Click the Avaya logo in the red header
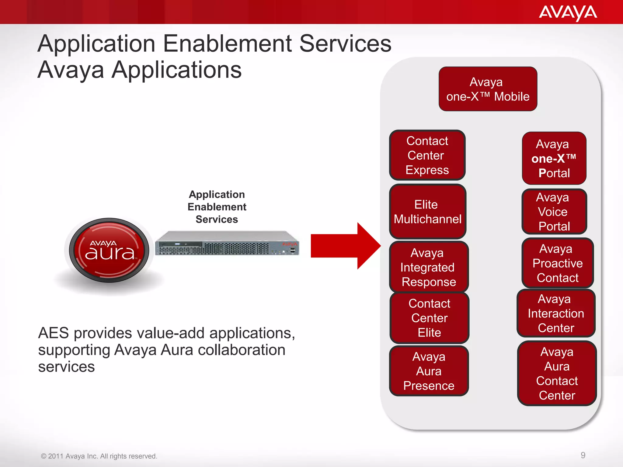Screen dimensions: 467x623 click(x=568, y=13)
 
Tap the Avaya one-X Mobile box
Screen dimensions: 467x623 click(x=488, y=89)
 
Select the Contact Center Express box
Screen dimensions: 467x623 click(x=427, y=155)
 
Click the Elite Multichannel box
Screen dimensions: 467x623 click(x=427, y=212)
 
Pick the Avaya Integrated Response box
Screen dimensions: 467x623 click(x=429, y=267)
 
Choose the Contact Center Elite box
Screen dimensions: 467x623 click(x=429, y=318)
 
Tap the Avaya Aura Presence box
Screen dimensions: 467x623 click(x=429, y=371)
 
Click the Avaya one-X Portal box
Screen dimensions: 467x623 click(x=554, y=158)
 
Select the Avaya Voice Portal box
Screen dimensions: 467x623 click(x=554, y=212)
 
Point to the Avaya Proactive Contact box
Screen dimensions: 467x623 click(x=557, y=263)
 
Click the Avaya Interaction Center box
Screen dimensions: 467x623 click(x=556, y=313)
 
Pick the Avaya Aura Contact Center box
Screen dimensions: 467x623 click(x=557, y=373)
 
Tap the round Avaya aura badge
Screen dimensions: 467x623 click(x=109, y=250)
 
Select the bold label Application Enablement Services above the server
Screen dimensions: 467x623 click(x=217, y=207)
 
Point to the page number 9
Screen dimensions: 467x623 click(x=583, y=455)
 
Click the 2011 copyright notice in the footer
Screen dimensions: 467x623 click(x=99, y=456)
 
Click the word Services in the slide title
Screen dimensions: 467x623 click(x=345, y=44)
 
